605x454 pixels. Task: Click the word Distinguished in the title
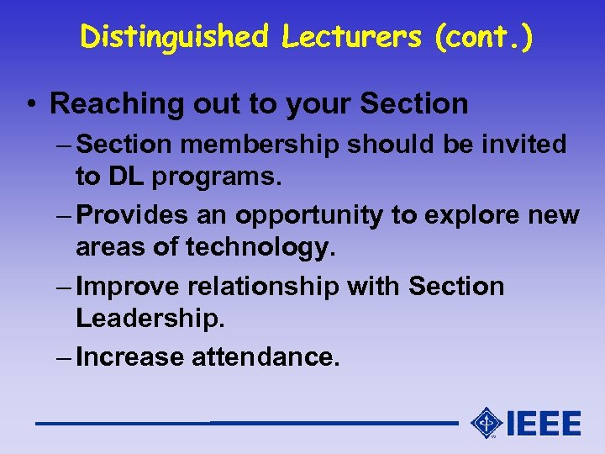(174, 36)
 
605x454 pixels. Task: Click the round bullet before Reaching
(29, 104)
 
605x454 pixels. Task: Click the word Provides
(130, 215)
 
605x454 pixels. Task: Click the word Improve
(128, 287)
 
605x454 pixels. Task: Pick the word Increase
(130, 357)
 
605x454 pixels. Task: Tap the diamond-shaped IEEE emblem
(487, 422)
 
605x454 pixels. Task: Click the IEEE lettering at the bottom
(543, 423)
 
